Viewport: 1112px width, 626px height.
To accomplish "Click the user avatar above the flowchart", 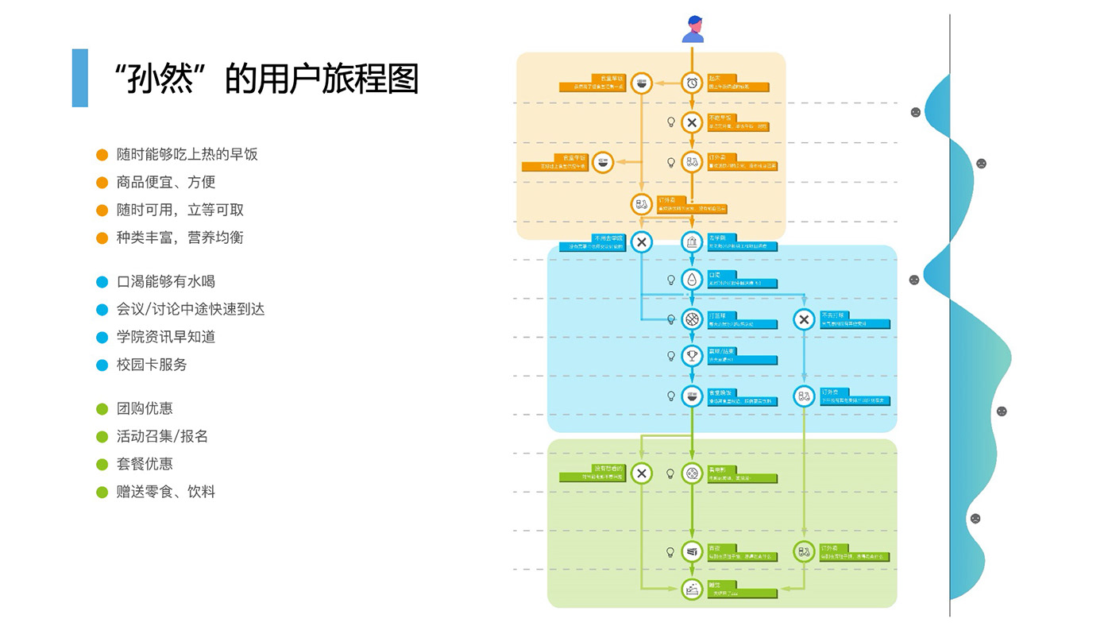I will tap(693, 29).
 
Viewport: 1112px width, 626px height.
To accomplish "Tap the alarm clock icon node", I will tap(692, 83).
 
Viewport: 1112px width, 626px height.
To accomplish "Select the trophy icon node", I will tap(692, 356).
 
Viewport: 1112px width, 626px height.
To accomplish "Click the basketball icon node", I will tap(692, 319).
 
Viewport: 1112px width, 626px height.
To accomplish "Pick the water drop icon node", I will tap(692, 280).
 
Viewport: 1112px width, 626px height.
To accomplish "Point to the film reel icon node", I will tap(692, 473).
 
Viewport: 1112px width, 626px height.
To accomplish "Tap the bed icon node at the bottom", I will tap(692, 589).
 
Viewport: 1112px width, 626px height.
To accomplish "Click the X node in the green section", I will tap(642, 473).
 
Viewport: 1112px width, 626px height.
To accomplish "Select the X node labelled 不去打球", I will tap(804, 319).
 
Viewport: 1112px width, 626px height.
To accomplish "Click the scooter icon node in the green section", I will tap(804, 552).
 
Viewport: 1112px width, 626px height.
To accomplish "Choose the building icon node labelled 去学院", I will tap(692, 242).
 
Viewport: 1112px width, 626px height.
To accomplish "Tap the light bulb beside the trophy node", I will tap(670, 356).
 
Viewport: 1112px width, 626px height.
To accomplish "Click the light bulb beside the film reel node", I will tap(670, 473).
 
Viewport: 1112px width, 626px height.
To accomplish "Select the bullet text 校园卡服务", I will tap(152, 365).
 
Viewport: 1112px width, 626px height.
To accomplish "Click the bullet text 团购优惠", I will tap(145, 408).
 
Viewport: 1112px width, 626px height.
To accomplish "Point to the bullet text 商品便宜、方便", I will tap(166, 182).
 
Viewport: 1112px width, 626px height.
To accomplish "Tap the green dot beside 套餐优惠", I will tap(102, 464).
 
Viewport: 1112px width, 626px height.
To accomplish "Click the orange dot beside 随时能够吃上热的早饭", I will tap(102, 154).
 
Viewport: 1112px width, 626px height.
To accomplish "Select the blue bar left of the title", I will tap(79, 78).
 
